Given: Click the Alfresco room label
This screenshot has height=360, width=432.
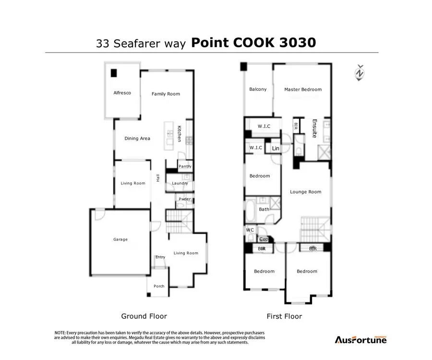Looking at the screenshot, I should (x=122, y=93).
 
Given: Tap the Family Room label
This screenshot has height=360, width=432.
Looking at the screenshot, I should (x=166, y=94).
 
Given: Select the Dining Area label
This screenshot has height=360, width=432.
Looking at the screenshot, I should (x=137, y=138).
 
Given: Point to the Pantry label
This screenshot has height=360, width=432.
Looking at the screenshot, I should (x=185, y=167).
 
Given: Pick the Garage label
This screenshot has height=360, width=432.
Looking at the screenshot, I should (x=120, y=239).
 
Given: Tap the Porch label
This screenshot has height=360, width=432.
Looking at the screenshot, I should (x=159, y=286).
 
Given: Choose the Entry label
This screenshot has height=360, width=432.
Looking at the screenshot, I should (x=160, y=257).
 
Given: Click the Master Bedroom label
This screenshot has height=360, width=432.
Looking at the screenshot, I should (x=303, y=89).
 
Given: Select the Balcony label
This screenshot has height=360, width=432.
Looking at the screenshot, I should (x=258, y=89).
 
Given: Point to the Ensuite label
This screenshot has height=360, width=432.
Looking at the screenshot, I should (x=315, y=128).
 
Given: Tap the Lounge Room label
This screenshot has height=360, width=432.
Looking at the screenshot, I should (x=305, y=192).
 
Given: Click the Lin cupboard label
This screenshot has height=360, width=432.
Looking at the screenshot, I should (x=276, y=149).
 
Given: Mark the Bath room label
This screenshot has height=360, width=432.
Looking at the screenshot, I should (x=264, y=209).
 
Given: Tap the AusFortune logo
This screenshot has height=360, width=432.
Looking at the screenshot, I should (x=360, y=339).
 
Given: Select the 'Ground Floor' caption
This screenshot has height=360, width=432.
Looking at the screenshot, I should (x=144, y=316).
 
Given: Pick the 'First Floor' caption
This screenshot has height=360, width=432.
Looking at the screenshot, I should (x=284, y=316).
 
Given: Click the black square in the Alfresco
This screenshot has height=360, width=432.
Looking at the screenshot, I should (x=114, y=73).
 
